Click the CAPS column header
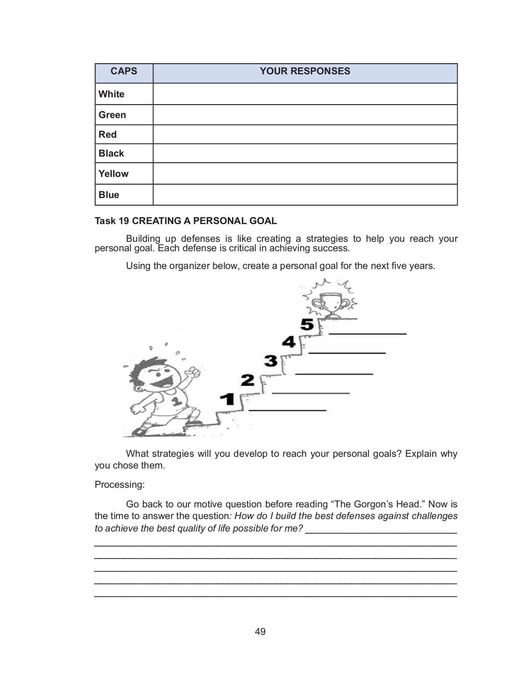[124, 71]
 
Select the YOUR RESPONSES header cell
[305, 71]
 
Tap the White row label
[111, 94]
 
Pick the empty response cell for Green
[305, 115]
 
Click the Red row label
[108, 135]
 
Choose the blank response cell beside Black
[305, 154]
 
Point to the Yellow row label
[114, 174]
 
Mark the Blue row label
[109, 195]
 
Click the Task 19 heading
[186, 221]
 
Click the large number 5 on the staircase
[307, 324]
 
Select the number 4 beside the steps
[289, 342]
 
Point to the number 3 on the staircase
[271, 361]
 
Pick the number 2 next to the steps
[247, 380]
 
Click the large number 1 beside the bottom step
[227, 399]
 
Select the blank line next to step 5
[367, 333]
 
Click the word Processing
[120, 485]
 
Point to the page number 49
[260, 631]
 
